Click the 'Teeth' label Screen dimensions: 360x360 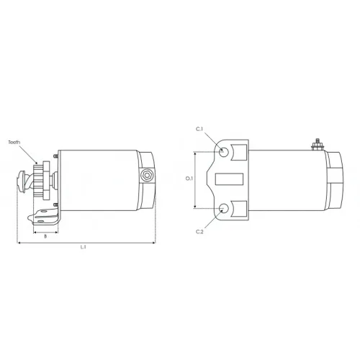pos(14,143)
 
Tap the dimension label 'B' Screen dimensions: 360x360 pos(45,236)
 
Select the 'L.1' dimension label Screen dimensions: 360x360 pos(83,247)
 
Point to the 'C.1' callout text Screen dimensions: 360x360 pos(199,129)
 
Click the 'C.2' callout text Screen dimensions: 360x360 pos(199,232)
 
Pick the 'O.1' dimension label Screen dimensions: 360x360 pos(189,179)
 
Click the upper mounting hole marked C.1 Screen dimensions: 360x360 pos(224,152)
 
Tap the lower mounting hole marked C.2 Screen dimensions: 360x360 pos(224,208)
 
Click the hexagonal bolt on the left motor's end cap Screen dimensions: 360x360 pos(146,175)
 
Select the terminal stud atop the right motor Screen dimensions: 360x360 pos(318,145)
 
